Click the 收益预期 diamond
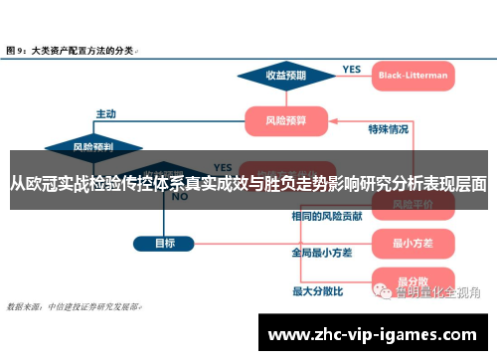(x=284, y=75)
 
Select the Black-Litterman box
(x=413, y=75)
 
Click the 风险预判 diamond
(x=93, y=146)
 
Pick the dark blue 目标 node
(x=165, y=243)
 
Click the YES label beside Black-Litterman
(x=352, y=69)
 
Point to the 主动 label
(x=105, y=112)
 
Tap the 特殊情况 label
(x=388, y=128)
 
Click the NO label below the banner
(x=180, y=197)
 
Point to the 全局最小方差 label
(x=322, y=253)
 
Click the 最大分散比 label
(x=317, y=291)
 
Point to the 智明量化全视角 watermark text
(x=437, y=292)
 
